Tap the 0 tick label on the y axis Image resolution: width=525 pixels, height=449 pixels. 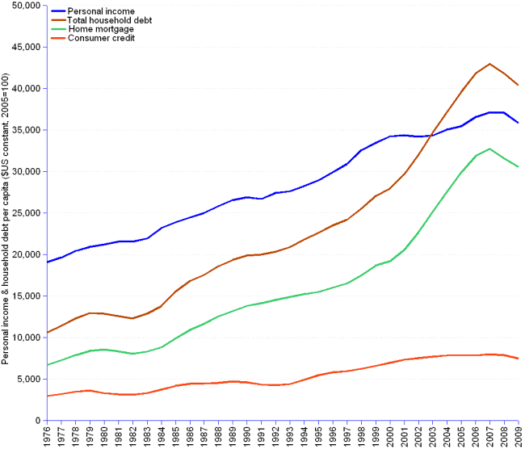(38, 421)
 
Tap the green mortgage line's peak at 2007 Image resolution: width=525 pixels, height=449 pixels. (489, 149)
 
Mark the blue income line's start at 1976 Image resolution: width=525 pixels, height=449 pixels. (48, 262)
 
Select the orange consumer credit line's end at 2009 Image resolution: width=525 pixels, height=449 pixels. (518, 359)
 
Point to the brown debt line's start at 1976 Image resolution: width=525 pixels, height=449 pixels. (48, 332)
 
